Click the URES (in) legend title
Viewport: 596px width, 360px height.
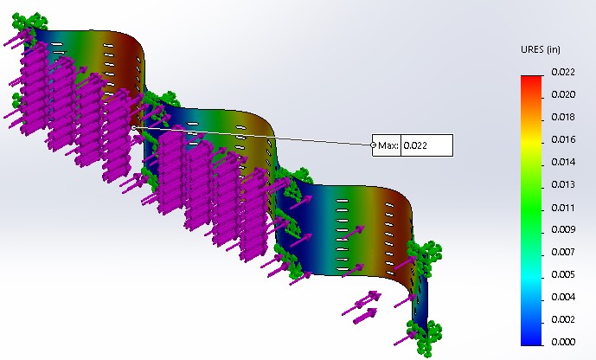pyautogui.click(x=540, y=49)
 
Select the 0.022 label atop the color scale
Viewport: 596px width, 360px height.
pyautogui.click(x=563, y=72)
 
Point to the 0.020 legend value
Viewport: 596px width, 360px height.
pyautogui.click(x=563, y=94)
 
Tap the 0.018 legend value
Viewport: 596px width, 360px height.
pyautogui.click(x=563, y=117)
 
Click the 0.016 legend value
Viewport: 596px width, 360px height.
pyautogui.click(x=563, y=139)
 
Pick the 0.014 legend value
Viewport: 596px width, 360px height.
pyautogui.click(x=563, y=162)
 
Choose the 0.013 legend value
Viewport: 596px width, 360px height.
pyautogui.click(x=563, y=184)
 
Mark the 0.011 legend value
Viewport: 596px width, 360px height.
pyautogui.click(x=563, y=208)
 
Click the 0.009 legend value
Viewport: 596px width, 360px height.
pyautogui.click(x=563, y=229)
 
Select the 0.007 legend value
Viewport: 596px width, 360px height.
pyautogui.click(x=563, y=252)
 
